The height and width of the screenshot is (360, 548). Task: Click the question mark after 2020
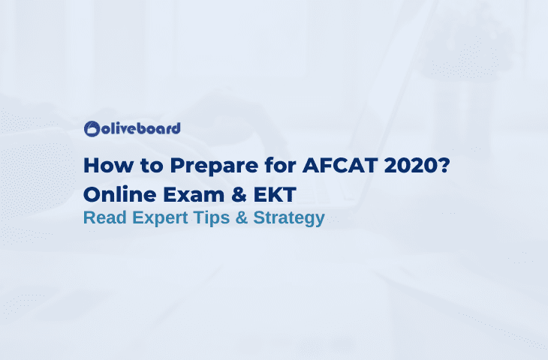pos(443,165)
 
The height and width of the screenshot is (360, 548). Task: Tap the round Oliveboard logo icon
pos(92,129)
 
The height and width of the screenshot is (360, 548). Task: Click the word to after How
pos(140,166)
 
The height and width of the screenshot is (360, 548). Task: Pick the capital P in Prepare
pos(162,165)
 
